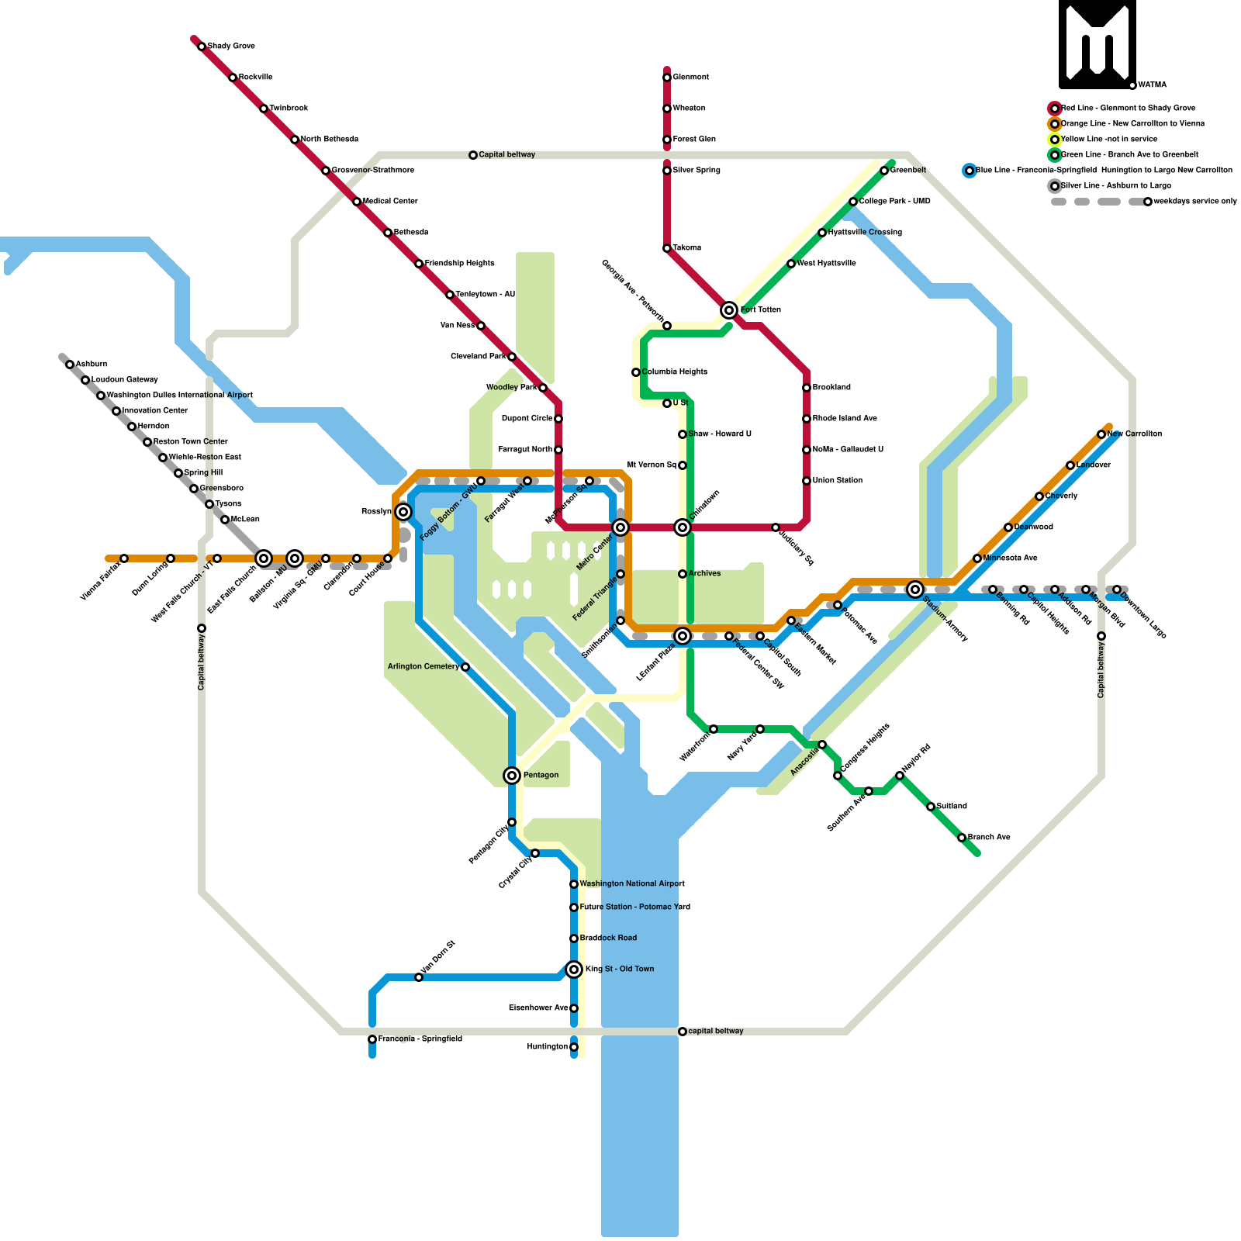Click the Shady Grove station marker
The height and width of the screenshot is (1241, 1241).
[x=202, y=47]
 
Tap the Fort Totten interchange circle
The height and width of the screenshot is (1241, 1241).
[x=729, y=310]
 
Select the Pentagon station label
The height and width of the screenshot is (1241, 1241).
[x=541, y=775]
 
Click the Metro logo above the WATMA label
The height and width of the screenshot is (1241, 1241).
[x=1098, y=43]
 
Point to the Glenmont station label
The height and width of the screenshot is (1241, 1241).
[x=690, y=77]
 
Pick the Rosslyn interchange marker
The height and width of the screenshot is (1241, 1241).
[x=403, y=512]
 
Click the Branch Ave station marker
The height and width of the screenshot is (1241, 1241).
[x=962, y=838]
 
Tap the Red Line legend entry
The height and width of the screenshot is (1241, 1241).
[x=1128, y=108]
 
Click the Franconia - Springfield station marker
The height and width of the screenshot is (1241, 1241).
[x=372, y=1039]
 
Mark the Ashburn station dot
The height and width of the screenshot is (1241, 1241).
[x=70, y=365]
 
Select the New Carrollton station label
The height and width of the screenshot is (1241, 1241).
[x=1134, y=434]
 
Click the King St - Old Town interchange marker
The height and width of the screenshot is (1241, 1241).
[x=574, y=970]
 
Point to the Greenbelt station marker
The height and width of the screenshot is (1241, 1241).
[x=884, y=171]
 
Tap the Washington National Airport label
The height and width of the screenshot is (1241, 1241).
[x=632, y=883]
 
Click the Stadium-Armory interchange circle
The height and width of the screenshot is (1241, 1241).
[x=915, y=589]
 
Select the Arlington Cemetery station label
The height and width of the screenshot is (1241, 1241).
[x=423, y=666]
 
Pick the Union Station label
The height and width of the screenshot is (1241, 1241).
[x=838, y=480]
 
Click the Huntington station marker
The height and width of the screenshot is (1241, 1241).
[x=574, y=1047]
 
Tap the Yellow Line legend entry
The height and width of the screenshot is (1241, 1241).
[x=1108, y=139]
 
